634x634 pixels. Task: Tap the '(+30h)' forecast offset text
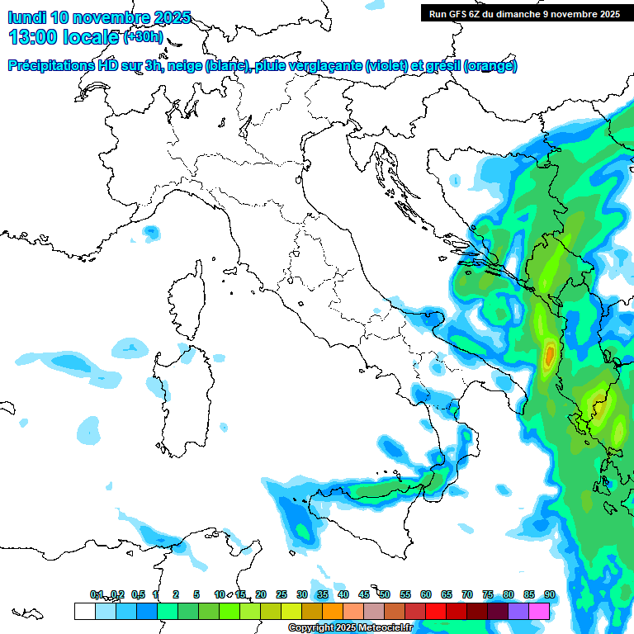point(143,37)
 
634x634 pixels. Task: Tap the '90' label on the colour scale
point(549,594)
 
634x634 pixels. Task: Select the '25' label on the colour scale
point(282,594)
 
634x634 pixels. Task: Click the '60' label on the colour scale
point(426,594)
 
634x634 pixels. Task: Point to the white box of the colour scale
point(84,611)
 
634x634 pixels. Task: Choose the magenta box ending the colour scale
point(539,611)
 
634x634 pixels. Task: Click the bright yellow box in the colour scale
point(291,611)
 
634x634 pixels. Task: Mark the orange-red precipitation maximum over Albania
point(550,355)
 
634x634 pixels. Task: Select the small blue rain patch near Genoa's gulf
point(151,233)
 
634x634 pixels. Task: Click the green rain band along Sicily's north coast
point(388,490)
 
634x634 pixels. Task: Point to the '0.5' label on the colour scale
point(137,594)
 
